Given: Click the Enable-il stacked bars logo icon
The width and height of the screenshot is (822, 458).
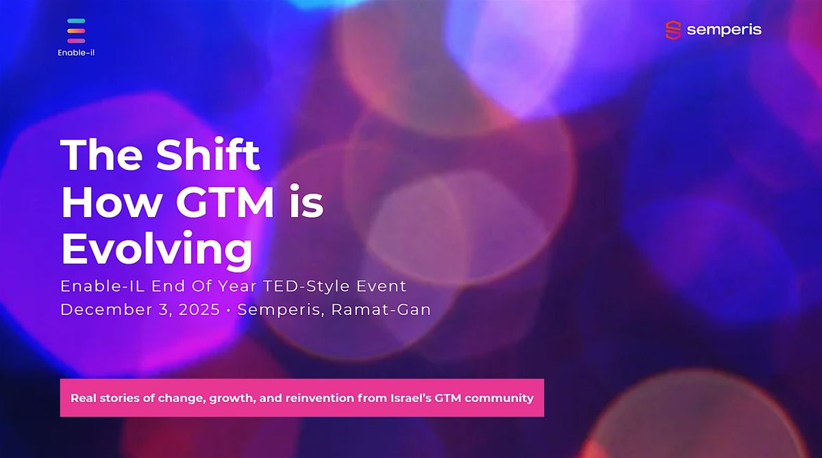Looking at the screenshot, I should point(76,31).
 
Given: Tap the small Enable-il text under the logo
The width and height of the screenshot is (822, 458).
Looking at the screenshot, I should point(76,53).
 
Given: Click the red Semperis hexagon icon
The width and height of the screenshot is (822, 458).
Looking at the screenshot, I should point(673,29).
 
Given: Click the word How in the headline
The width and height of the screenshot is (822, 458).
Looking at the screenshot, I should point(101,203).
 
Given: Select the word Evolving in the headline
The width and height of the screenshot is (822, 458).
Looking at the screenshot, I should point(157,250).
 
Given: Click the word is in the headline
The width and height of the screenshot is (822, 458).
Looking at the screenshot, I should point(306,203).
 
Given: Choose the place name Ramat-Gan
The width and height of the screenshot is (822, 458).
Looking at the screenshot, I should point(382,309).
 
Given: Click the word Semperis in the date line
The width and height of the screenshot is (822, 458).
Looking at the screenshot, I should point(280,309).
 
